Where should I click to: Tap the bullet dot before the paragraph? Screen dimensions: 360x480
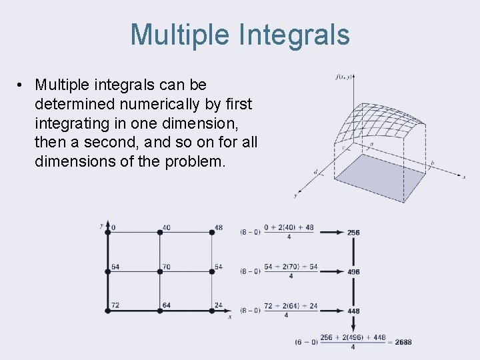pyautogui.click(x=22, y=85)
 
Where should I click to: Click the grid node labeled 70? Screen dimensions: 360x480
pyautogui.click(x=160, y=271)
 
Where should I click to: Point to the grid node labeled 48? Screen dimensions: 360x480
pyautogui.click(x=212, y=232)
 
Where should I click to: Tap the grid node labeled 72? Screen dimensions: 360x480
pyautogui.click(x=107, y=310)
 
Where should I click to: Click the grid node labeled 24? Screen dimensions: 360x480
pyautogui.click(x=212, y=310)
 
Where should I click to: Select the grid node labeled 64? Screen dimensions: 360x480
pyautogui.click(x=160, y=310)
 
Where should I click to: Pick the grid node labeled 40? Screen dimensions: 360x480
pyautogui.click(x=160, y=232)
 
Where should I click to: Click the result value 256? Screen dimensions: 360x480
pyautogui.click(x=353, y=233)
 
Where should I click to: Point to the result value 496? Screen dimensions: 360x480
pyautogui.click(x=353, y=272)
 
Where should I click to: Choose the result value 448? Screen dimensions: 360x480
pyautogui.click(x=353, y=311)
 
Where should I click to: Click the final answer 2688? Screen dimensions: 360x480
pyautogui.click(x=403, y=342)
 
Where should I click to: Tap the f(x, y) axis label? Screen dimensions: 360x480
pyautogui.click(x=344, y=77)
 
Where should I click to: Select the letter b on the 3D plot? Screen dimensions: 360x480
pyautogui.click(x=433, y=163)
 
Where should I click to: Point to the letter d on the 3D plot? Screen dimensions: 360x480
pyautogui.click(x=316, y=171)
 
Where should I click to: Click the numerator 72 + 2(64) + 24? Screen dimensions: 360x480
pyautogui.click(x=291, y=306)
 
